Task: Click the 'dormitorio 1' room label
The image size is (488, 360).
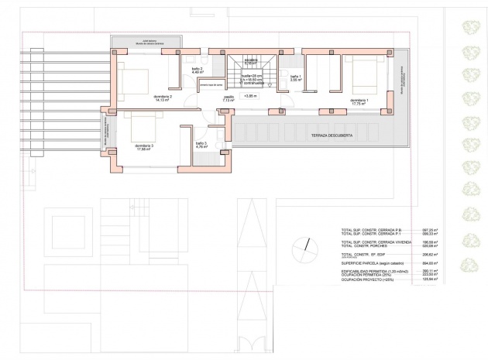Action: [359, 101]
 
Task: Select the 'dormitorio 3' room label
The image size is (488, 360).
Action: [144, 147]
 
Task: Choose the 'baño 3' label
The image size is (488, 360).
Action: [201, 144]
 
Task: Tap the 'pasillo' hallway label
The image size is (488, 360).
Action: [229, 98]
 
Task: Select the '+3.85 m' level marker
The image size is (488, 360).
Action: [250, 96]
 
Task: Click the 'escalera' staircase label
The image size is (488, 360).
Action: [250, 60]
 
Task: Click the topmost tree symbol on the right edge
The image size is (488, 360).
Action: [470, 28]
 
